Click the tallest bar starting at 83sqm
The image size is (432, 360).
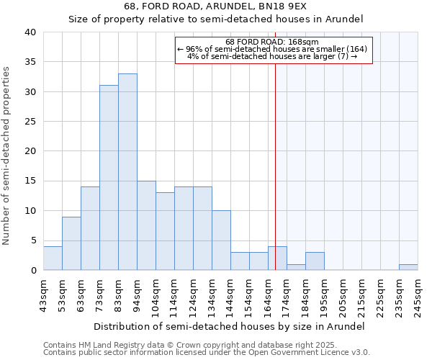click(x=127, y=172)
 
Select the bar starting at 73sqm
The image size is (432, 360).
click(x=109, y=178)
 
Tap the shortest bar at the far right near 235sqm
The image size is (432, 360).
click(x=408, y=267)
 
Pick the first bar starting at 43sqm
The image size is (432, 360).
click(x=53, y=258)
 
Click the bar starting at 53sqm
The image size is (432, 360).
click(x=71, y=243)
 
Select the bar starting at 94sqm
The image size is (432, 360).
click(x=146, y=225)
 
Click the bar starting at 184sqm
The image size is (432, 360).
click(x=315, y=261)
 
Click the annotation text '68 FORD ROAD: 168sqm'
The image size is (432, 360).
click(x=273, y=42)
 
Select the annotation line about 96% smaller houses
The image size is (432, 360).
click(x=273, y=49)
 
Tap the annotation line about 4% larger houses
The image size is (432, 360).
click(x=273, y=56)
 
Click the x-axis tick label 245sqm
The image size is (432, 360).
click(x=418, y=296)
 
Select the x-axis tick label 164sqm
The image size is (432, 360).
click(x=268, y=296)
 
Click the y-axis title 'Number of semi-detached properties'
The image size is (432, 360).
click(x=7, y=155)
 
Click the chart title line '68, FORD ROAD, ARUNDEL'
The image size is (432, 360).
click(x=215, y=6)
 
